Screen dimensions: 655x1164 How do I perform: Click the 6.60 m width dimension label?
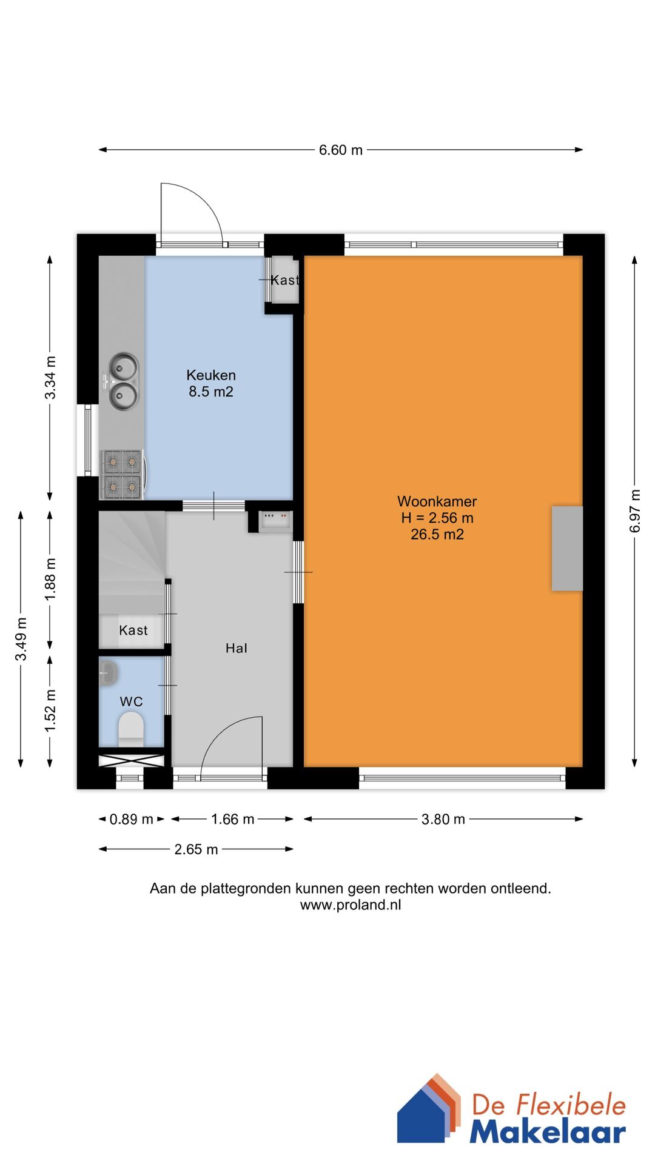click(x=341, y=150)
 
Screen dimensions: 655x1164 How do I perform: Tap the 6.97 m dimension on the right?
click(x=635, y=511)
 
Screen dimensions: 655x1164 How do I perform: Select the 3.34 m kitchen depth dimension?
click(x=50, y=378)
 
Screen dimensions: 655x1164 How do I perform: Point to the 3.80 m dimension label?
click(x=443, y=819)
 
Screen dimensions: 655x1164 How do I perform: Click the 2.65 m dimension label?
click(x=196, y=849)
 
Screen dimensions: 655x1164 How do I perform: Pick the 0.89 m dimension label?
click(x=132, y=819)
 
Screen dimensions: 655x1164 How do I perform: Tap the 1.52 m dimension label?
click(x=50, y=711)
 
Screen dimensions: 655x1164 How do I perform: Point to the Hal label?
click(x=237, y=648)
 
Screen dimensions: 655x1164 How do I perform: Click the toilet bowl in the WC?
click(x=131, y=729)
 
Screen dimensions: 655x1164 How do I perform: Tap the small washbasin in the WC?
click(x=108, y=672)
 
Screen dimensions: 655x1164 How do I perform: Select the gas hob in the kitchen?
click(x=123, y=474)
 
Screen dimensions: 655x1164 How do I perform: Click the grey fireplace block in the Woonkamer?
click(x=567, y=548)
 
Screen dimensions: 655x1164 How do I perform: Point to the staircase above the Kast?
click(x=132, y=561)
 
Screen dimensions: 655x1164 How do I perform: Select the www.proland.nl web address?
click(x=351, y=905)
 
